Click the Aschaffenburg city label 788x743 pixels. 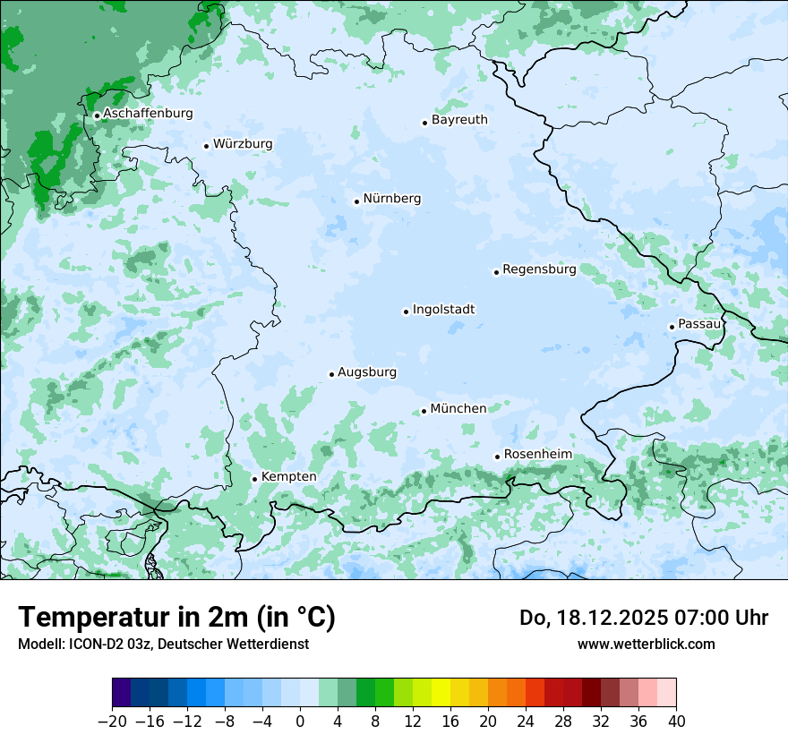148,114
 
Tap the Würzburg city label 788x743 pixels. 243,144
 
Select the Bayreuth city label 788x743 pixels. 459,120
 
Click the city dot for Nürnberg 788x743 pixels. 356,201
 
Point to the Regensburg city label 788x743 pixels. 539,269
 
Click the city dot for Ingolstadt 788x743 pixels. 406,312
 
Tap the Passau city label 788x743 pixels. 699,324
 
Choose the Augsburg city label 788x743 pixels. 367,372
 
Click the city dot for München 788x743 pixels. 424,411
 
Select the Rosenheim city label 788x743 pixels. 537,455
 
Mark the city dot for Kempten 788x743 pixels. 254,479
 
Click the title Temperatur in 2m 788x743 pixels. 176,618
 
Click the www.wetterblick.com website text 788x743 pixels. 646,644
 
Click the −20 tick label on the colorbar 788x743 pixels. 112,722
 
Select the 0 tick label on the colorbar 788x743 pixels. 300,722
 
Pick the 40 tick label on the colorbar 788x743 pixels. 676,722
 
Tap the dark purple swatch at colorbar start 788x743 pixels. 122,693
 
